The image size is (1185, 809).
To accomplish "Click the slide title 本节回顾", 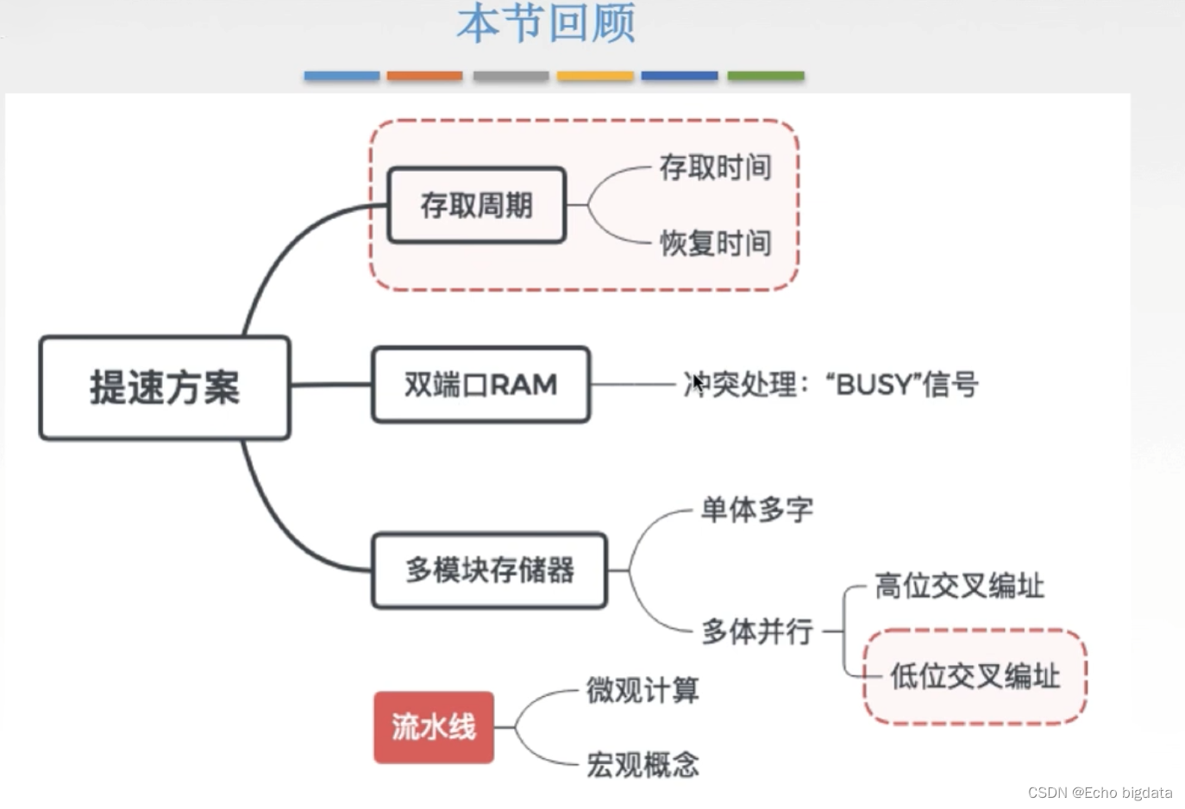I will pyautogui.click(x=546, y=23).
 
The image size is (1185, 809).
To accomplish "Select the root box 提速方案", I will pyautogui.click(x=164, y=387).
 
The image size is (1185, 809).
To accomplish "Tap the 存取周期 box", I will pyautogui.click(x=476, y=205).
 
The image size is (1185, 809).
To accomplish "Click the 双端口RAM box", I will pyautogui.click(x=480, y=385).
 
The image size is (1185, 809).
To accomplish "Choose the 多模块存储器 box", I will pyautogui.click(x=489, y=570).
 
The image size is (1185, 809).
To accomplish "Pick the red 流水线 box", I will pyautogui.click(x=433, y=727).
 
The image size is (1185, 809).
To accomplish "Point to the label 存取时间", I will pyautogui.click(x=715, y=167).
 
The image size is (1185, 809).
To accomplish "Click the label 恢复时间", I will pyautogui.click(x=715, y=243).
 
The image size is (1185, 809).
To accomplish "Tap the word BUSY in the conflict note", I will pyautogui.click(x=873, y=385).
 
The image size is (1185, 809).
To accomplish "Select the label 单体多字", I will pyautogui.click(x=756, y=510).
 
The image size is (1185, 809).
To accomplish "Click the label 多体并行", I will pyautogui.click(x=756, y=631).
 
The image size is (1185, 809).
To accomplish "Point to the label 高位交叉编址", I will pyautogui.click(x=959, y=586).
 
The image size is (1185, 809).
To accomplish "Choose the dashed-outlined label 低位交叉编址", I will pyautogui.click(x=975, y=676).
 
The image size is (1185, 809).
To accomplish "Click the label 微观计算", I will pyautogui.click(x=643, y=690).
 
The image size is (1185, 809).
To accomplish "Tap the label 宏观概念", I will pyautogui.click(x=643, y=764).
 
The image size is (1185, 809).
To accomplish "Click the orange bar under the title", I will pyautogui.click(x=424, y=76).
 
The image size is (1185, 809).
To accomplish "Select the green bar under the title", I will pyautogui.click(x=765, y=76).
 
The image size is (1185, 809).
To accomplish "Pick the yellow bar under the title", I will pyautogui.click(x=595, y=76).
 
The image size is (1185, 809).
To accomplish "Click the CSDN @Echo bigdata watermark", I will pyautogui.click(x=1100, y=793).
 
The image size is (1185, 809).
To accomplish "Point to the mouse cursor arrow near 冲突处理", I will pyautogui.click(x=698, y=383).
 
